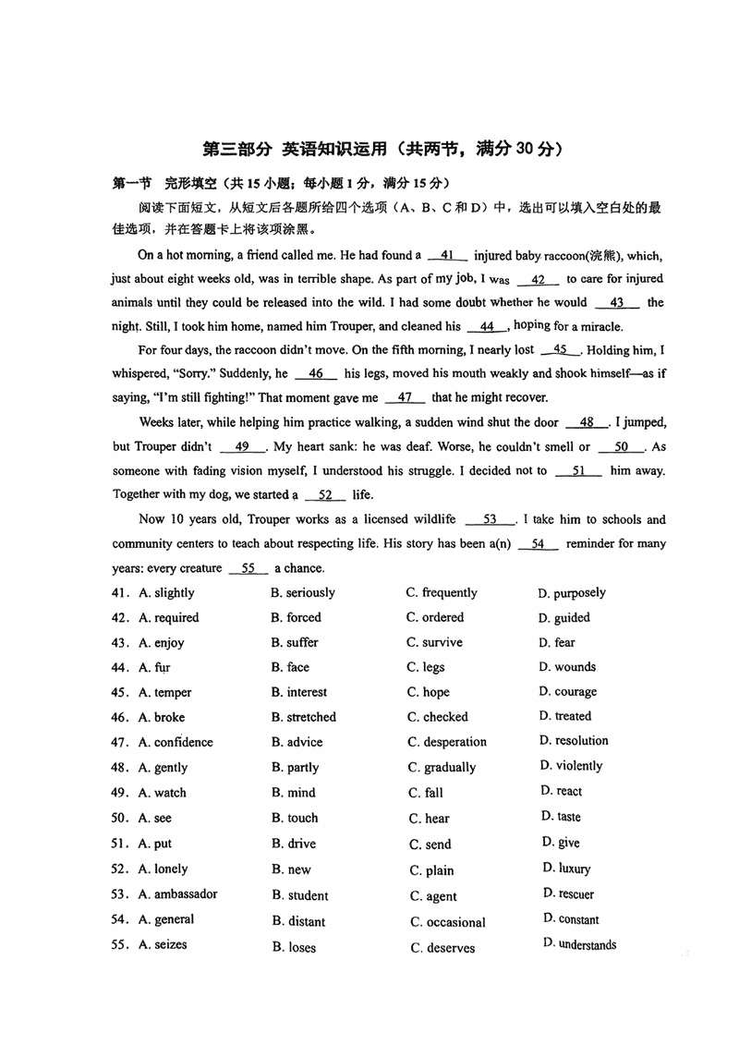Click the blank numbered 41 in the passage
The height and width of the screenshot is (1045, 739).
click(x=447, y=255)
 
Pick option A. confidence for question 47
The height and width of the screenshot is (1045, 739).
click(x=176, y=742)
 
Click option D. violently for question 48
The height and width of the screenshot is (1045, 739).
click(x=571, y=766)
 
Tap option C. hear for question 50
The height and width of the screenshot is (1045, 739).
click(x=430, y=819)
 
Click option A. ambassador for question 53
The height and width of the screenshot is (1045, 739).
click(x=178, y=894)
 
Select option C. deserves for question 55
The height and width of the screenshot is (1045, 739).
click(x=442, y=948)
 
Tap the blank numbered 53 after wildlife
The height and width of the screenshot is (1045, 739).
click(x=491, y=520)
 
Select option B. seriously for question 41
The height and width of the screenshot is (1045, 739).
click(x=303, y=593)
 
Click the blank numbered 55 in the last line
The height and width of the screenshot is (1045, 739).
click(x=248, y=568)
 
